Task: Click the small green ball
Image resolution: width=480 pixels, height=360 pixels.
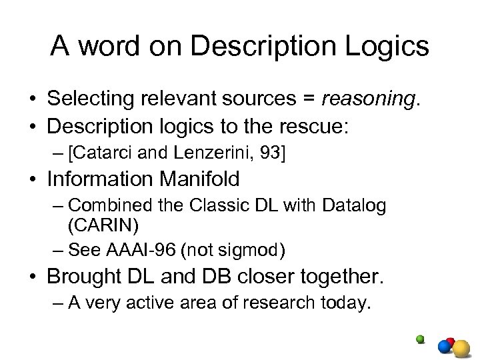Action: click(420, 339)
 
